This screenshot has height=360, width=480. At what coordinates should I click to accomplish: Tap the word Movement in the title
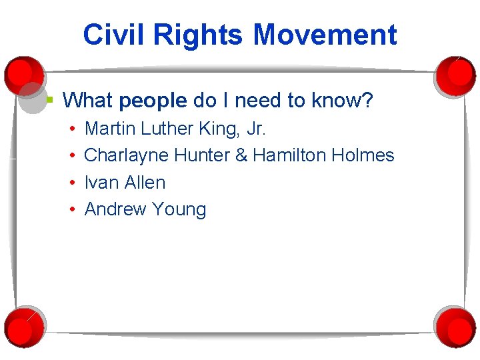click(x=324, y=35)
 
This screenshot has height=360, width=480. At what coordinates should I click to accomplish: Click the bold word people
click(x=153, y=101)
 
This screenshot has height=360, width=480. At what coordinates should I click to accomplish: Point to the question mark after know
click(x=368, y=101)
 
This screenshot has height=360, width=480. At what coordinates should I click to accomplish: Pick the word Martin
click(x=111, y=128)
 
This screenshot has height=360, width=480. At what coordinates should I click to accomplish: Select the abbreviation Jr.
click(x=256, y=128)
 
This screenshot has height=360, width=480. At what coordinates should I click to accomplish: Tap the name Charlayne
click(x=127, y=155)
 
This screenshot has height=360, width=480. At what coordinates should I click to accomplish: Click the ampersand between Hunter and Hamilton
click(x=241, y=155)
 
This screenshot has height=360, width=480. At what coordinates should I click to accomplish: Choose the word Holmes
click(x=363, y=155)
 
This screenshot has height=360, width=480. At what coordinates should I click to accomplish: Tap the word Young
click(x=179, y=209)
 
